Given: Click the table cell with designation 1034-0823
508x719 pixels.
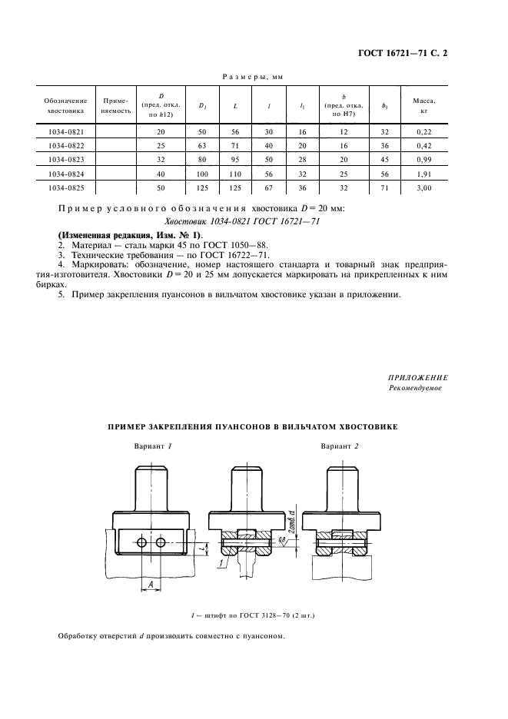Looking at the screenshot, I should (65, 159).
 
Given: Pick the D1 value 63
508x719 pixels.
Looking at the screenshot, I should (203, 145).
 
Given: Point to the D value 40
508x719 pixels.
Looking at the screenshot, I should (161, 173).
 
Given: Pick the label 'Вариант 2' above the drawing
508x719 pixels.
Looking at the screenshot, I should (339, 446).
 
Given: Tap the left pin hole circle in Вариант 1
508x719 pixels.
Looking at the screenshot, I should (143, 543).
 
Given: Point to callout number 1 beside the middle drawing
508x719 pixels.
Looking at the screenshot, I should (221, 564).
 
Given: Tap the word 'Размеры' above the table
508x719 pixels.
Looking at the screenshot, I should (237, 76).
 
